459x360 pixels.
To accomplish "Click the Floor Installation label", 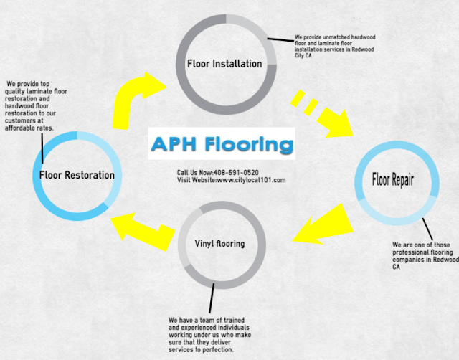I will [224, 63].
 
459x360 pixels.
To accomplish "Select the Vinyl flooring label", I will [219, 244].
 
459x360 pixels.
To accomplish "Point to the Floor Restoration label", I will [77, 175].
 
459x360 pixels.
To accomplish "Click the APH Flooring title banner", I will [222, 144].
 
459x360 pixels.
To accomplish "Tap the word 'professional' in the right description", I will [412, 252].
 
